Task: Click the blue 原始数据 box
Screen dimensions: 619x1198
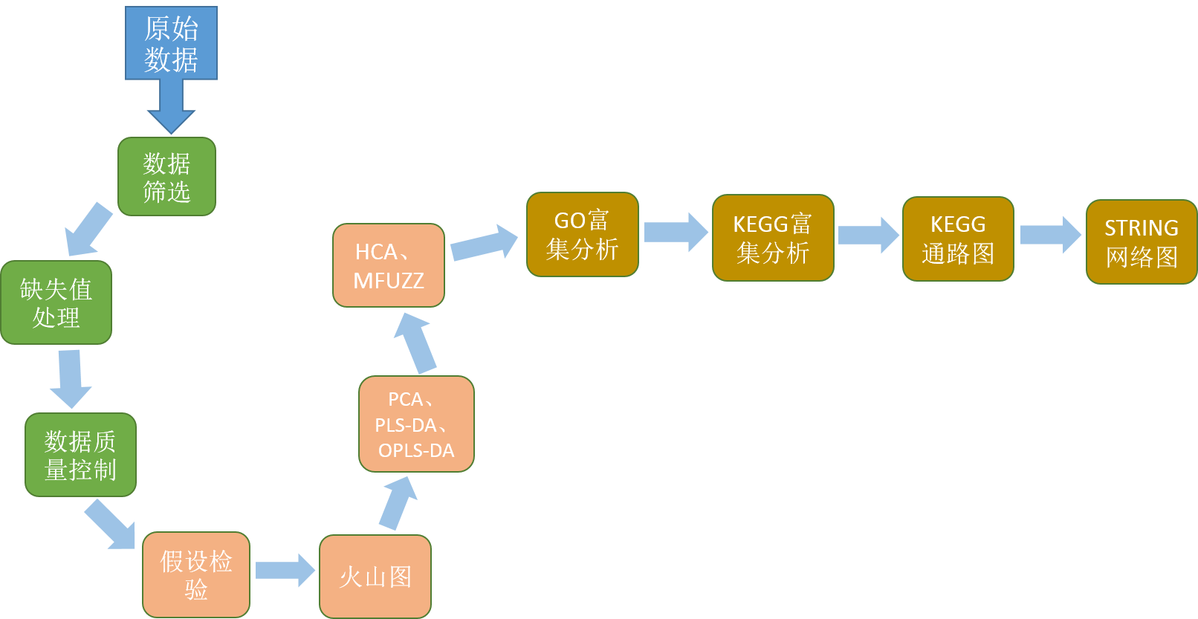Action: [171, 43]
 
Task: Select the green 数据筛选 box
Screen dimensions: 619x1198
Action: [166, 177]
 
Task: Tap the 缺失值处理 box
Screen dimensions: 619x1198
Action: [56, 302]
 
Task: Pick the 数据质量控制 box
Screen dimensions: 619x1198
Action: [80, 455]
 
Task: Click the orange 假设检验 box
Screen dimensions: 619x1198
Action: [196, 574]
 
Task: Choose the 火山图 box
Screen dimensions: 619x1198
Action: [375, 576]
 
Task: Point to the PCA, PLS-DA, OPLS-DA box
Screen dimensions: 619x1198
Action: [416, 424]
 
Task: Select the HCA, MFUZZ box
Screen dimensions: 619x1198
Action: [389, 265]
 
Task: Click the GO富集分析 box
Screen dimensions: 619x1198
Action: [582, 235]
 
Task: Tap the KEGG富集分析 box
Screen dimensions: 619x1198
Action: [773, 238]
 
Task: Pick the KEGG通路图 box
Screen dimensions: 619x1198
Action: [958, 239]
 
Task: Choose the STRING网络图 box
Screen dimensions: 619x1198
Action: [1142, 242]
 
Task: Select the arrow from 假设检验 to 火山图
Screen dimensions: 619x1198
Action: [285, 571]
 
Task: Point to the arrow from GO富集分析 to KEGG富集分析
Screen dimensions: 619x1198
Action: [675, 232]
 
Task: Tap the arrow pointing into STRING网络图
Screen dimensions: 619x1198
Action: [1049, 235]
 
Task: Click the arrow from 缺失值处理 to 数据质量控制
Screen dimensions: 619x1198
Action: [71, 378]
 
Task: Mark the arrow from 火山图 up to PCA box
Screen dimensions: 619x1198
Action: [398, 502]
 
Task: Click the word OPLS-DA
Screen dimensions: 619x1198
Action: [416, 451]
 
